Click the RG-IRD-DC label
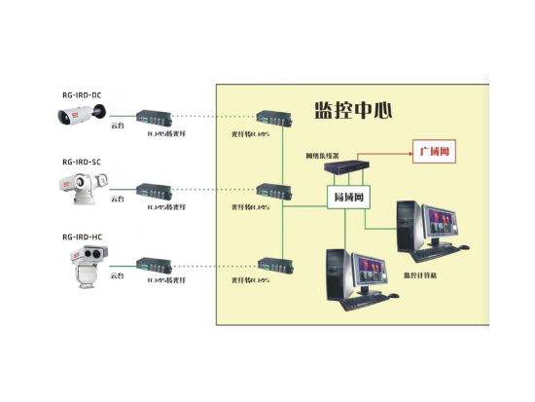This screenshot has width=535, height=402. pos(83,95)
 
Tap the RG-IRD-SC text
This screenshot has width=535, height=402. pos(82,163)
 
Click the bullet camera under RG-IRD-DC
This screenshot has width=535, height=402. pos(81,116)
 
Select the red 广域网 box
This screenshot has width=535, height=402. pos(435,153)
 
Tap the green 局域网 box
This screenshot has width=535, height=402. pos(347,198)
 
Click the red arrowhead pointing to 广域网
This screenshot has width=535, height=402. pos(407,153)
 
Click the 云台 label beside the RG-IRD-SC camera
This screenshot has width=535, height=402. pos(118,200)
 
